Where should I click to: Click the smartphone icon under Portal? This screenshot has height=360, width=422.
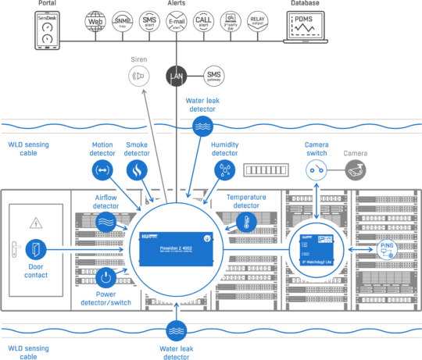coord(47,30)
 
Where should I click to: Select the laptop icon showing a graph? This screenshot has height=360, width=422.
coord(306,29)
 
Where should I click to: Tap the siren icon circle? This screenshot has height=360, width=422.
coord(138,76)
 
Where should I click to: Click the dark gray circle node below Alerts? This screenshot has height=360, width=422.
coord(177,76)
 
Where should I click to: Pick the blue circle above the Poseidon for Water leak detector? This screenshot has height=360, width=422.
coord(202,127)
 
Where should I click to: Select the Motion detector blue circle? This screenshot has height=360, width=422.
coord(102,170)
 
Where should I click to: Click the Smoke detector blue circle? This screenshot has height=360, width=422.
coord(137,170)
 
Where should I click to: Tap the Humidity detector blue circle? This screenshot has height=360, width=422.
coord(224,170)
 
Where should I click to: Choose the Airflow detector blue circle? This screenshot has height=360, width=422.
coord(106,221)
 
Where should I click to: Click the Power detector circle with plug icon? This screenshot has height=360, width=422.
coord(105,276)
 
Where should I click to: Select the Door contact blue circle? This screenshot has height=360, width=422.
coord(36,250)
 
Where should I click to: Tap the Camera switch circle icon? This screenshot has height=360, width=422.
coord(316,170)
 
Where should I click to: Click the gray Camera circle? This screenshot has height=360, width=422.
coord(356,169)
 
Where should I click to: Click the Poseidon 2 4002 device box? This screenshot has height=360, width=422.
coord(176,248)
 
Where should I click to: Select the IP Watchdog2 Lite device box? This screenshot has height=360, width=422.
coord(316,249)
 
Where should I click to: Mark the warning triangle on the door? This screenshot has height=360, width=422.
coord(35,223)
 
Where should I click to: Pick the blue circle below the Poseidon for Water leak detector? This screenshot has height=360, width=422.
coord(176,330)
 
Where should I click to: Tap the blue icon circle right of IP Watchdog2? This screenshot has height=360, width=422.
coord(386,249)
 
